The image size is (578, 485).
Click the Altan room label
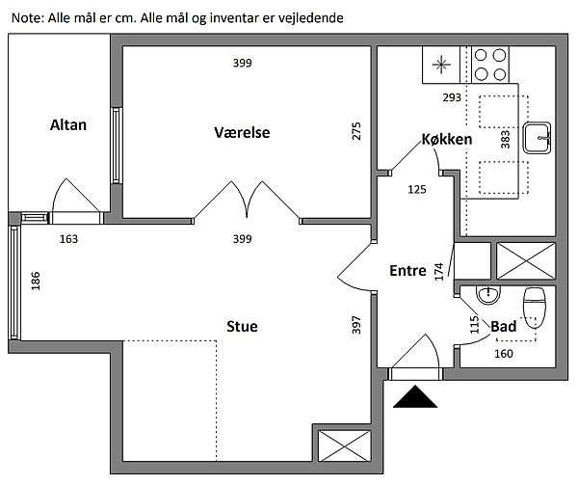tap(69, 124)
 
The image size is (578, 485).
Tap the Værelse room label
tap(241, 132)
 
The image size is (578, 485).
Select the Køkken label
tap(447, 140)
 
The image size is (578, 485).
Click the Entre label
tap(407, 271)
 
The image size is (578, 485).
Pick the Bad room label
tap(503, 327)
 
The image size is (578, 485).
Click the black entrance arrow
tap(415, 395)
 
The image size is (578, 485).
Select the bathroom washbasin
tap(489, 292)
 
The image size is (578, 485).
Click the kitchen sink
tap(538, 137)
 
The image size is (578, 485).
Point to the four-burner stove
tap(489, 64)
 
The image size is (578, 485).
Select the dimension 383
tap(505, 140)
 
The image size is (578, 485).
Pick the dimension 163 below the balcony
tap(68, 238)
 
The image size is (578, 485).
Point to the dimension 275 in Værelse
tap(355, 131)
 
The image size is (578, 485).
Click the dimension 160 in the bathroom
tap(504, 353)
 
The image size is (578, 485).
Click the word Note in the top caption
tap(26, 17)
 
